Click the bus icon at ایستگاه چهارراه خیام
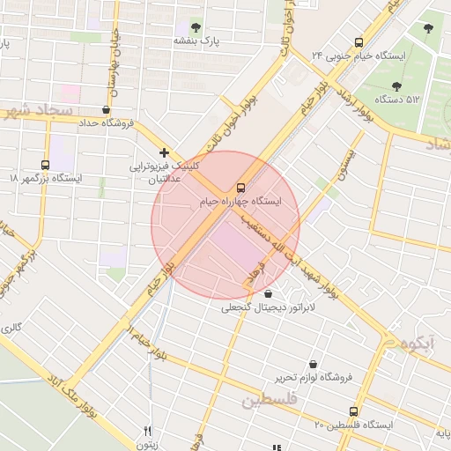coord(240,188)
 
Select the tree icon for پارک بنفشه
coord(196,26)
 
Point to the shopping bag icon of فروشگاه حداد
coord(107,110)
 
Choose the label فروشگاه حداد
coord(106,123)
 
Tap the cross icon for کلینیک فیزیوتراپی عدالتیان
coord(164,152)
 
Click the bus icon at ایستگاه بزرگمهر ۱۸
coord(45,164)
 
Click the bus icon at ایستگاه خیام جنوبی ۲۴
coord(359,41)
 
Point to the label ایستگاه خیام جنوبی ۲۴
coord(358,55)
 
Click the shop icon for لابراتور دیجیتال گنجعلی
coord(268,294)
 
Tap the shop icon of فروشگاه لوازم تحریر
coord(313,364)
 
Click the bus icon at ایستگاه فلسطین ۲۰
coord(354,411)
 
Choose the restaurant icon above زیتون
coord(148,432)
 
